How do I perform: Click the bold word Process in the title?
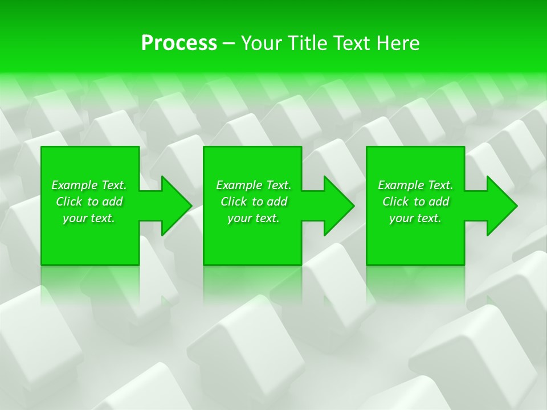tap(179, 43)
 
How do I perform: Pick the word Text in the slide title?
tap(353, 43)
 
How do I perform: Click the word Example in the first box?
tap(74, 185)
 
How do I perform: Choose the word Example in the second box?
tap(239, 185)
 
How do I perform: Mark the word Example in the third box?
tap(401, 185)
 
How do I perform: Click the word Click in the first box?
tap(69, 202)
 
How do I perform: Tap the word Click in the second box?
tap(234, 202)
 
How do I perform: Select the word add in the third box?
tap(439, 202)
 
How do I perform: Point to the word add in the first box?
tap(112, 202)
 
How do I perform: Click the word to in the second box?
tap(258, 202)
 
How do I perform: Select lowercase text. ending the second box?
tap(267, 219)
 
